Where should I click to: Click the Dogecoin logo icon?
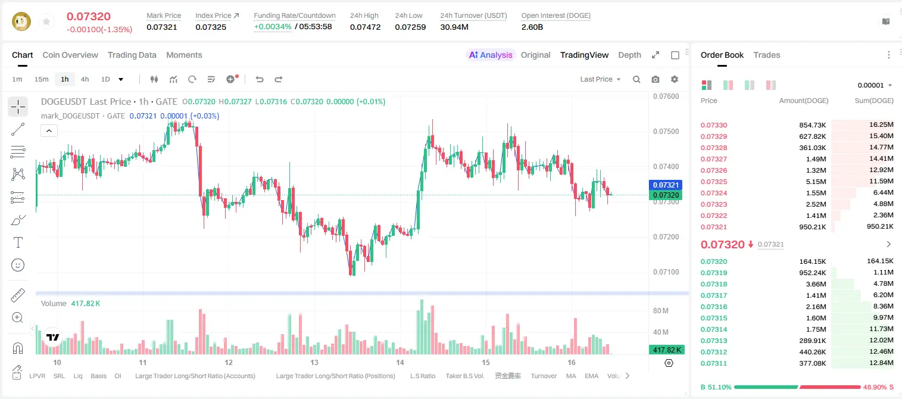click(21, 21)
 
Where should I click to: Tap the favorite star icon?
click(46, 21)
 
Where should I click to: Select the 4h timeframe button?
click(85, 79)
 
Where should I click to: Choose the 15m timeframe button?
click(42, 79)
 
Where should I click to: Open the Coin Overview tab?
click(70, 55)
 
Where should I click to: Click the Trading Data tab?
click(132, 55)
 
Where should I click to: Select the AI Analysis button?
click(491, 55)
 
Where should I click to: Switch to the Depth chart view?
click(629, 55)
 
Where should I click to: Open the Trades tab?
click(767, 55)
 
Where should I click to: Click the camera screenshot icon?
click(656, 79)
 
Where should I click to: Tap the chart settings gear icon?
click(675, 79)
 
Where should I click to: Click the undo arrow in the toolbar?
click(260, 79)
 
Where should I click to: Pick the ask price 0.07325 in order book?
click(713, 182)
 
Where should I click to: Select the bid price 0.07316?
click(713, 307)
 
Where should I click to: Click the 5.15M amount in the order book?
click(816, 182)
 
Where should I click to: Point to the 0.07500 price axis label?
click(666, 131)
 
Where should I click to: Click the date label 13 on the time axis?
click(314, 362)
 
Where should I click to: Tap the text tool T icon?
click(18, 242)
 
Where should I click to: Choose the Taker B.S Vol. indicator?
click(464, 376)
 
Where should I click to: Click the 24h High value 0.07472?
click(365, 27)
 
